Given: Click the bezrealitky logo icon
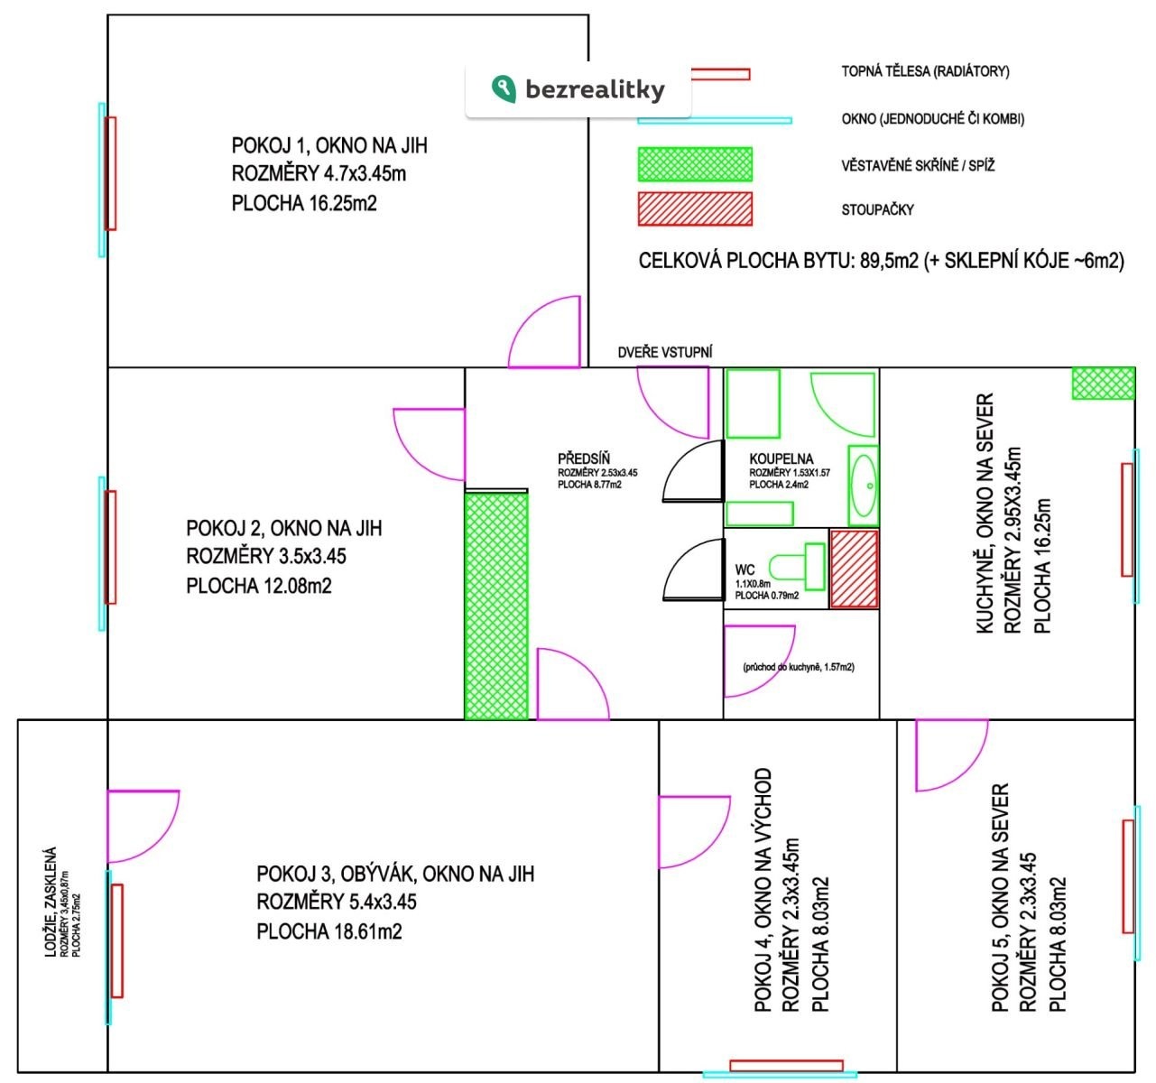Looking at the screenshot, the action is [504, 89].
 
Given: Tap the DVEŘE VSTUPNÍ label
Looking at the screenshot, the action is [665, 352].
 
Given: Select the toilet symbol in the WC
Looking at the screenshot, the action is [797, 566].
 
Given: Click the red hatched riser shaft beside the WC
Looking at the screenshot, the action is [854, 569].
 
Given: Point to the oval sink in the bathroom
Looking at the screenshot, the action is [864, 486].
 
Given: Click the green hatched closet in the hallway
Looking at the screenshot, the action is [496, 606].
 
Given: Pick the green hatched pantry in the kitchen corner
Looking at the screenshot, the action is [1104, 384].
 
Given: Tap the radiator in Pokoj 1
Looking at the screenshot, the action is [110, 173].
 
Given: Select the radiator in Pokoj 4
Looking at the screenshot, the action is [786, 1066].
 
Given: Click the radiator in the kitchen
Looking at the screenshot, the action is [1127, 520].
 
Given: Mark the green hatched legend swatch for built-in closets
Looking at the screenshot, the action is [695, 164].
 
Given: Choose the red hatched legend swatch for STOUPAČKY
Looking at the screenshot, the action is [695, 208].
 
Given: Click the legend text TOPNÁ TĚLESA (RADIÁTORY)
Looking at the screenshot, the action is [925, 71].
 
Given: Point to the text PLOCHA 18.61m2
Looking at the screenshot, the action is [328, 931].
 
